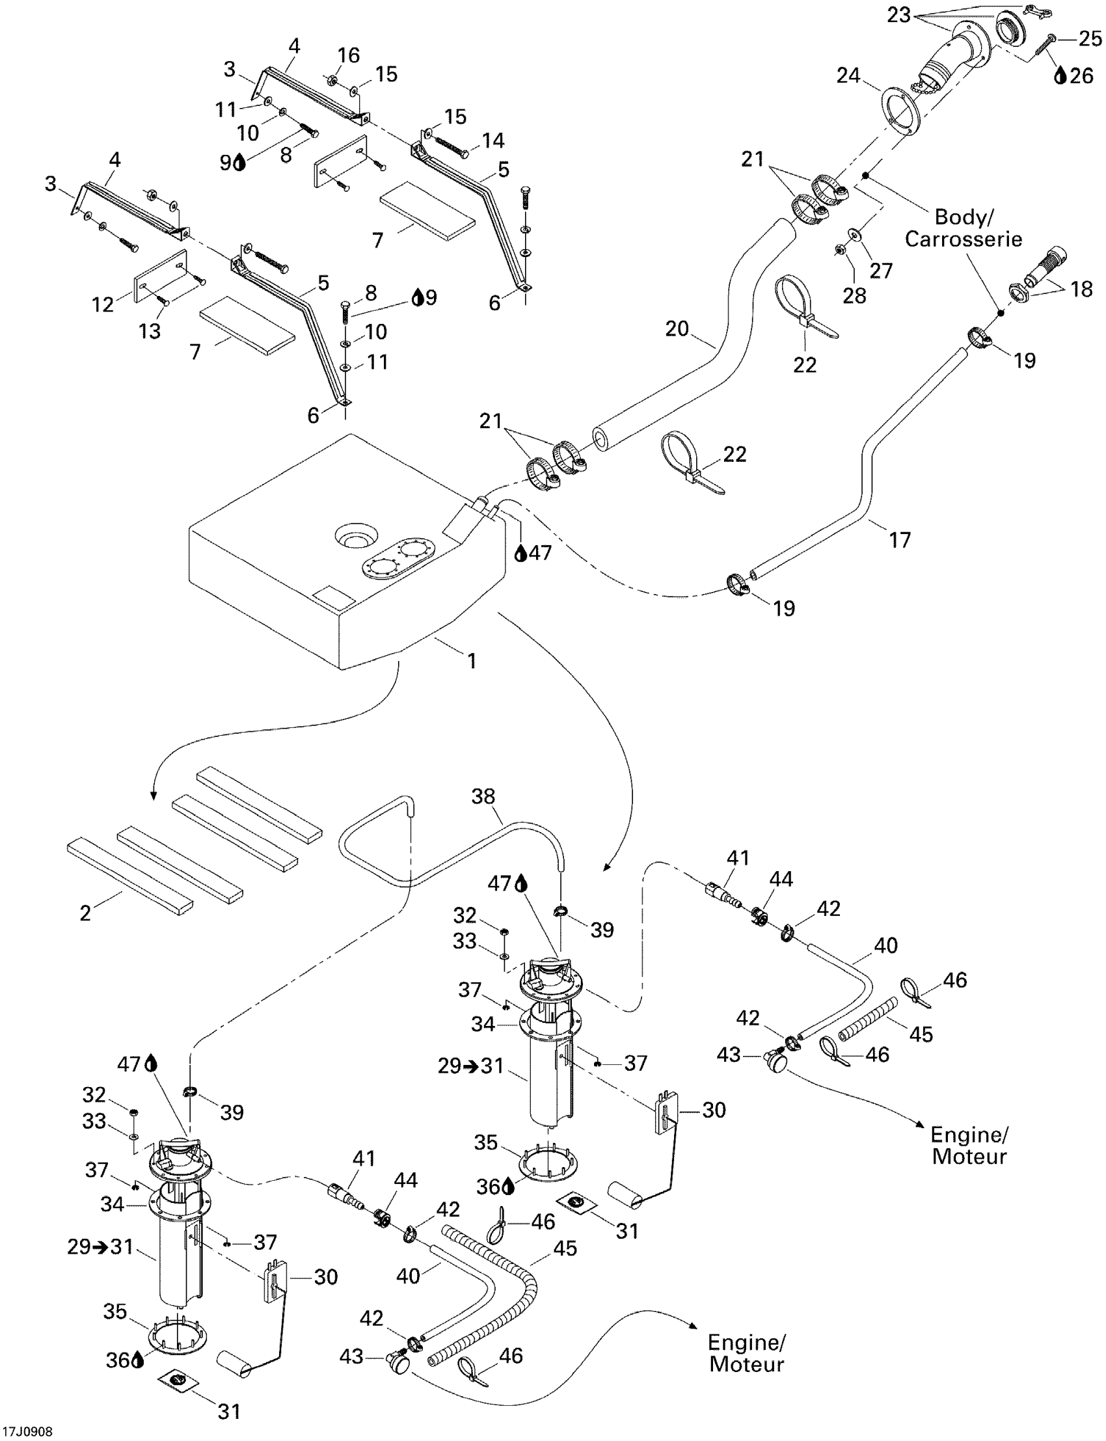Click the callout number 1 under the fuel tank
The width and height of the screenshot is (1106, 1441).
[472, 661]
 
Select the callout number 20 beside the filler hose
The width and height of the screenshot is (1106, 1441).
[677, 329]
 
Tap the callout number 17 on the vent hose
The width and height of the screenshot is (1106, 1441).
[900, 540]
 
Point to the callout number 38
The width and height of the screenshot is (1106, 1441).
[483, 796]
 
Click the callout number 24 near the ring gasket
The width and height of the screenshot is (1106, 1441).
[848, 75]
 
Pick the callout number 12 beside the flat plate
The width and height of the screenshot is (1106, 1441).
[103, 304]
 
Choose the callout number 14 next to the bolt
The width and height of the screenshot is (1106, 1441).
[493, 141]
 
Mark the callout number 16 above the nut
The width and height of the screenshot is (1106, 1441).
[349, 55]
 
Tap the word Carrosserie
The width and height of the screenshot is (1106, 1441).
[963, 239]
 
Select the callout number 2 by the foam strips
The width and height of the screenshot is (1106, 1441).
[86, 913]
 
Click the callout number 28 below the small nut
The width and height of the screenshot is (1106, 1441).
[854, 295]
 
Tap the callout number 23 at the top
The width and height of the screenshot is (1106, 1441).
[898, 14]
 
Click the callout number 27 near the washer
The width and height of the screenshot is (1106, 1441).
[881, 270]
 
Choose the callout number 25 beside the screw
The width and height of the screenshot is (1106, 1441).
[1090, 39]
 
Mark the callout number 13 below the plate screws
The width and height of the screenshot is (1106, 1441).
[150, 330]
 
